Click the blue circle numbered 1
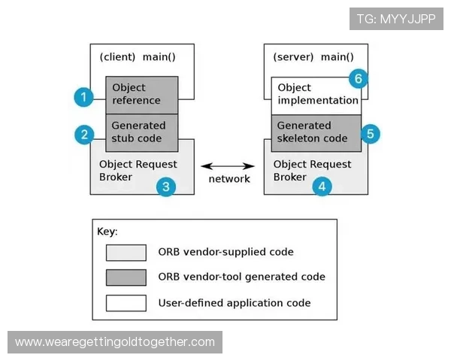pos(84,96)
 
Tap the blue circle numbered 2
pos(84,135)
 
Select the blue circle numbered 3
pos(167,187)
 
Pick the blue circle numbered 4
pos(322,187)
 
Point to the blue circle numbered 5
pos(369,134)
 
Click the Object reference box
pos(141,95)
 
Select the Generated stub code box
pos(141,132)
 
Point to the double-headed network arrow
pos(229,165)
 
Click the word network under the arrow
pos(229,179)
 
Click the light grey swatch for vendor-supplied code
pos(126,252)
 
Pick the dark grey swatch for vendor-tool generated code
pos(126,278)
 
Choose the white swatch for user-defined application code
pos(126,303)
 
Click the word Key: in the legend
pos(107,231)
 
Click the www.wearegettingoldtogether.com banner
pos(115,342)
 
